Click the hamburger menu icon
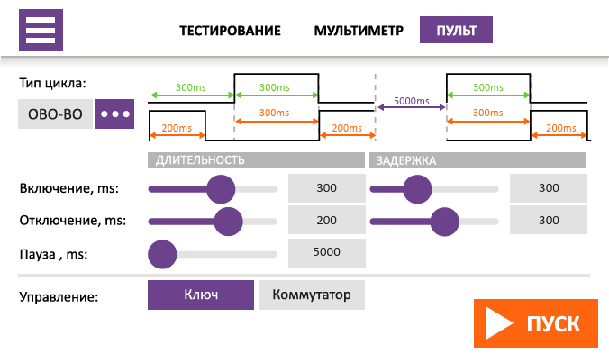click(x=41, y=30)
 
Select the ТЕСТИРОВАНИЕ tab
click(x=230, y=30)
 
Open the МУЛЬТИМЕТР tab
click(x=359, y=30)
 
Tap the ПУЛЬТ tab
click(x=456, y=30)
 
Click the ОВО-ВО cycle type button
click(x=55, y=115)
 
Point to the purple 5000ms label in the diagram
click(x=412, y=101)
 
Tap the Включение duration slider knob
click(x=220, y=189)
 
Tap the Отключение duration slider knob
click(x=229, y=221)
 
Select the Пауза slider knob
click(x=161, y=253)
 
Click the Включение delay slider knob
click(x=417, y=189)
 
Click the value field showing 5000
click(x=326, y=252)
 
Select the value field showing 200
click(x=326, y=221)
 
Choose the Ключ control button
click(x=201, y=295)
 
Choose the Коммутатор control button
click(x=312, y=295)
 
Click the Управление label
click(x=59, y=295)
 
